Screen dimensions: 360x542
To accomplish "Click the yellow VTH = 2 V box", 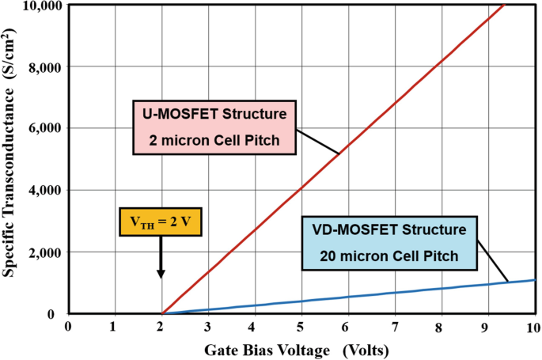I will [161, 222].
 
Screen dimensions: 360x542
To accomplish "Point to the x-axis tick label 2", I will [161, 327].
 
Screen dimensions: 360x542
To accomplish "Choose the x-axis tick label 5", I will [301, 327].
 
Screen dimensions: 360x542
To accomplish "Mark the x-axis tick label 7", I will [394, 327].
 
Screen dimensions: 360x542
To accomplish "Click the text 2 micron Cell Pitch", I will [215, 144].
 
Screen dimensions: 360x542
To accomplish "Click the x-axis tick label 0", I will [69, 327].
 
